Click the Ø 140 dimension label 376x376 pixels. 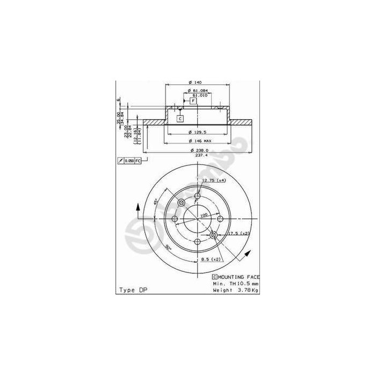click(198, 82)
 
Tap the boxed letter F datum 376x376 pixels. click(192, 100)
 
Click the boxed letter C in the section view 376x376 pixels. click(180, 118)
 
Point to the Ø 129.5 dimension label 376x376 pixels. click(198, 132)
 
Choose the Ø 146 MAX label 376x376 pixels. click(199, 141)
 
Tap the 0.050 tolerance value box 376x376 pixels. click(129, 161)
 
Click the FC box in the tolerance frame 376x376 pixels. click(138, 161)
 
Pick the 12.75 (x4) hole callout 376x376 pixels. click(213, 181)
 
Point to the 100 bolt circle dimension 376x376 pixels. click(204, 215)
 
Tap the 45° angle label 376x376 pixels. click(156, 203)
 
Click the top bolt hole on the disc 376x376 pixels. click(197, 196)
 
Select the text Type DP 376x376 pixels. click(132, 290)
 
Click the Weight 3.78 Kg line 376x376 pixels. click(235, 290)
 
